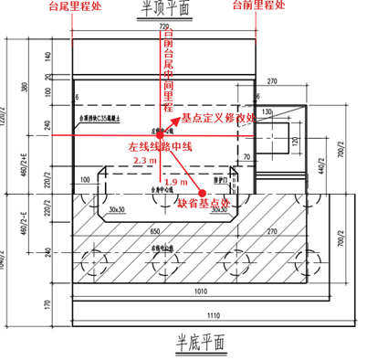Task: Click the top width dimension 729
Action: click(x=164, y=30)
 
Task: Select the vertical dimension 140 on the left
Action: click(x=46, y=58)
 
